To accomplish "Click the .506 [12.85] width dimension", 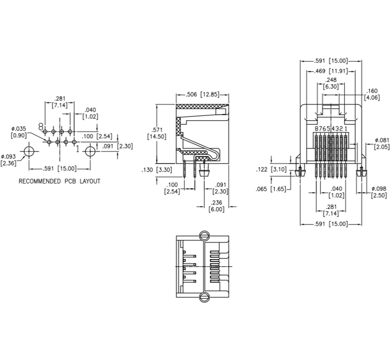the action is click(202, 94).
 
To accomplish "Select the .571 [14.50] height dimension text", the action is click(157, 133).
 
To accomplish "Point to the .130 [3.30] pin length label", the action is click(157, 170).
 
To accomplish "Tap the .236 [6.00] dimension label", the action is click(216, 206).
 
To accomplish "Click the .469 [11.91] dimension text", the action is click(331, 71).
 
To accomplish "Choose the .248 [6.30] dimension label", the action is click(331, 83).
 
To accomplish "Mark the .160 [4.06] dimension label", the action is click(372, 94).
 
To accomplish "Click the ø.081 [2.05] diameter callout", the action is click(382, 144).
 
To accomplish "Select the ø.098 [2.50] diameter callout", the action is click(379, 192).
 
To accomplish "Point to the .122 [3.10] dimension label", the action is click(271, 169).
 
